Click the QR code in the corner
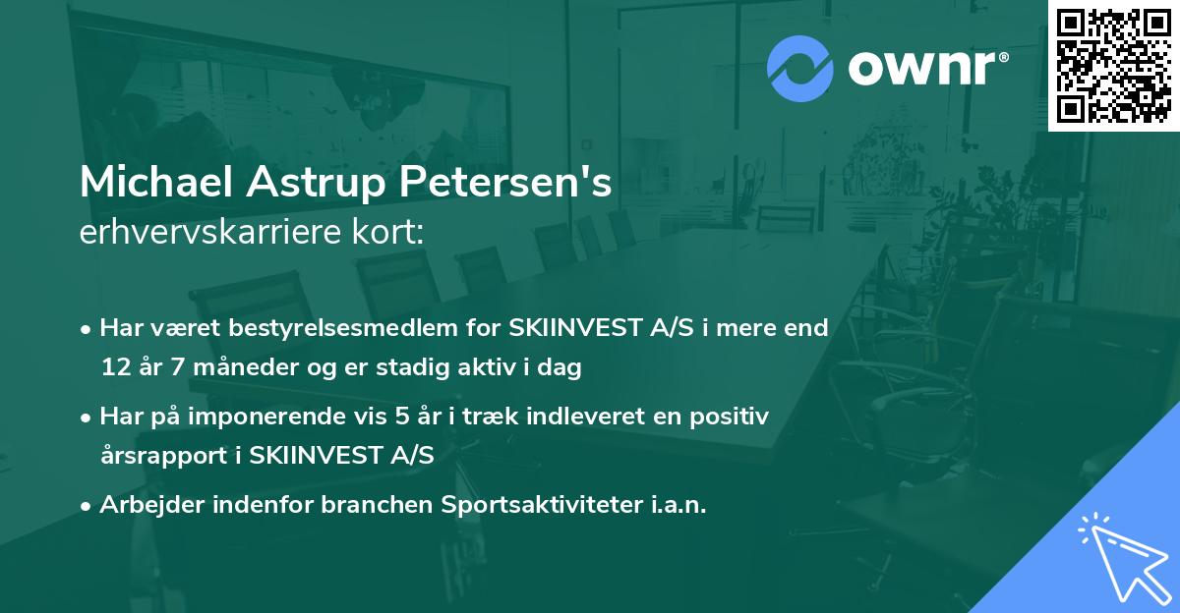pyautogui.click(x=1113, y=65)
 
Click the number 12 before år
pyautogui.click(x=114, y=368)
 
